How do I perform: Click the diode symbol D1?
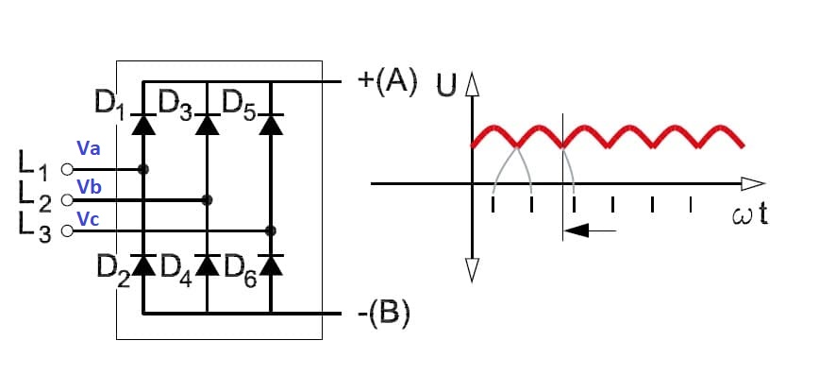[x=143, y=125]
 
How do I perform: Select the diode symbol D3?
[x=208, y=125]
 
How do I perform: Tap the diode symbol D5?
[x=271, y=125]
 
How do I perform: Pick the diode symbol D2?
[x=143, y=265]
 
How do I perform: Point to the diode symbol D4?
[x=208, y=265]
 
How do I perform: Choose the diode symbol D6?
[x=271, y=265]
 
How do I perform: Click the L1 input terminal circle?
[x=67, y=169]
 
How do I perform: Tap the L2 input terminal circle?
[x=67, y=200]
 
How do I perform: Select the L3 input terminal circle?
[x=67, y=230]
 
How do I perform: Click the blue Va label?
[x=89, y=149]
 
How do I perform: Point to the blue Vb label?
[x=89, y=187]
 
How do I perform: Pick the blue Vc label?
[x=88, y=220]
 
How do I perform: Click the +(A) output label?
[x=387, y=82]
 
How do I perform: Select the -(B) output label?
[x=383, y=315]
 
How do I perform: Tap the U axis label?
[x=447, y=86]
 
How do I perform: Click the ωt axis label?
[x=750, y=215]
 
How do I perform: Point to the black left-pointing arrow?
[x=591, y=230]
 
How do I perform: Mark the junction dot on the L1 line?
[x=143, y=169]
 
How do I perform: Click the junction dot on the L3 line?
[x=271, y=230]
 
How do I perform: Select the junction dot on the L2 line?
[x=207, y=200]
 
